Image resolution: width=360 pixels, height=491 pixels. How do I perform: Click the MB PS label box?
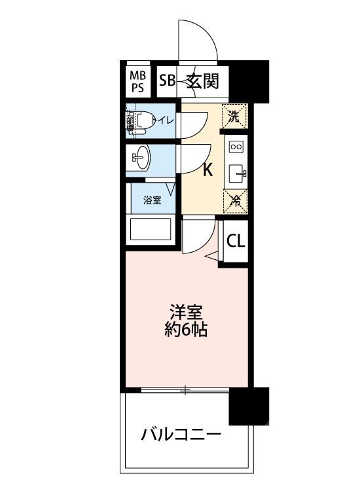tap(139, 81)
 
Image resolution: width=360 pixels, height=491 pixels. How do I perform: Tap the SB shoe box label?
tap(167, 82)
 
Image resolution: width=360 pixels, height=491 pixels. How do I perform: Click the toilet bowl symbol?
tap(145, 120)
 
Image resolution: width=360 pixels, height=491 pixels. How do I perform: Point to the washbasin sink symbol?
tap(141, 157)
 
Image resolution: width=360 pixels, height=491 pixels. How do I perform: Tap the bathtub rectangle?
tap(151, 230)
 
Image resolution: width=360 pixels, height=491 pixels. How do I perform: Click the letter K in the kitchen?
tap(207, 170)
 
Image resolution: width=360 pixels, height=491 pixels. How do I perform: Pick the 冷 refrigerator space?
tap(234, 202)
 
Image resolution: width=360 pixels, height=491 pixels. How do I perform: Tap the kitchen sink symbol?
tap(237, 174)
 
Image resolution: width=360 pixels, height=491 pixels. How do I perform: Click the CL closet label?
tap(236, 241)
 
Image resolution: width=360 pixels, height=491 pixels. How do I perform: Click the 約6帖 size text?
tap(186, 329)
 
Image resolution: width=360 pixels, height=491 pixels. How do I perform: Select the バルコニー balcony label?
tap(181, 435)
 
